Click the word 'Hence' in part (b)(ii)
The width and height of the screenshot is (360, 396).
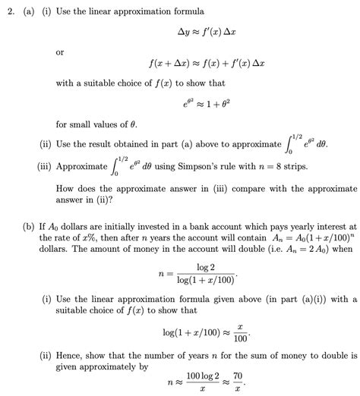(74, 353)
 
